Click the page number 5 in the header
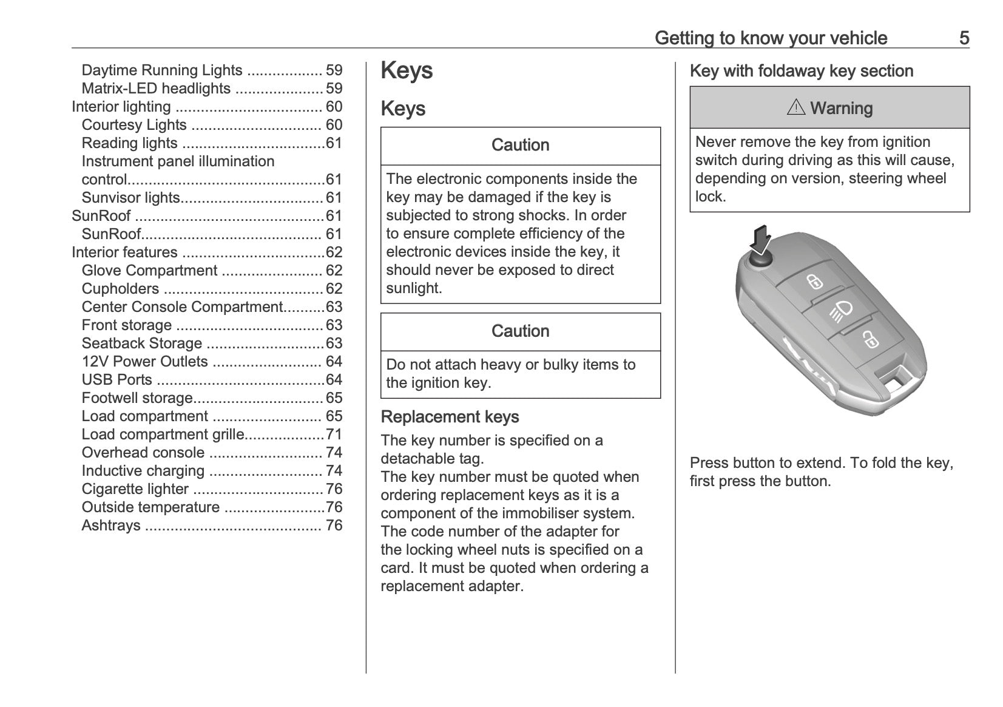[964, 38]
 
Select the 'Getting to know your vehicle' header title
[771, 38]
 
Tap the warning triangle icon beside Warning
[795, 108]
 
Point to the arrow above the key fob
[760, 240]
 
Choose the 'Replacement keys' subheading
[450, 417]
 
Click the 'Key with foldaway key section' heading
[801, 71]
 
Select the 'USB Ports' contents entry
[117, 380]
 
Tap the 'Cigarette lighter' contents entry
[135, 489]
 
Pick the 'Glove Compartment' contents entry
[149, 271]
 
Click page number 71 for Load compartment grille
[334, 435]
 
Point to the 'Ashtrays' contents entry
[111, 526]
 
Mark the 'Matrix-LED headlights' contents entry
[156, 89]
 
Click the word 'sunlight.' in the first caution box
[414, 288]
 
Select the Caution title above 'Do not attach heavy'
[520, 331]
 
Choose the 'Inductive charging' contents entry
[143, 471]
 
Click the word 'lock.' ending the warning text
[710, 197]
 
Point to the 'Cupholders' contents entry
[120, 289]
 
